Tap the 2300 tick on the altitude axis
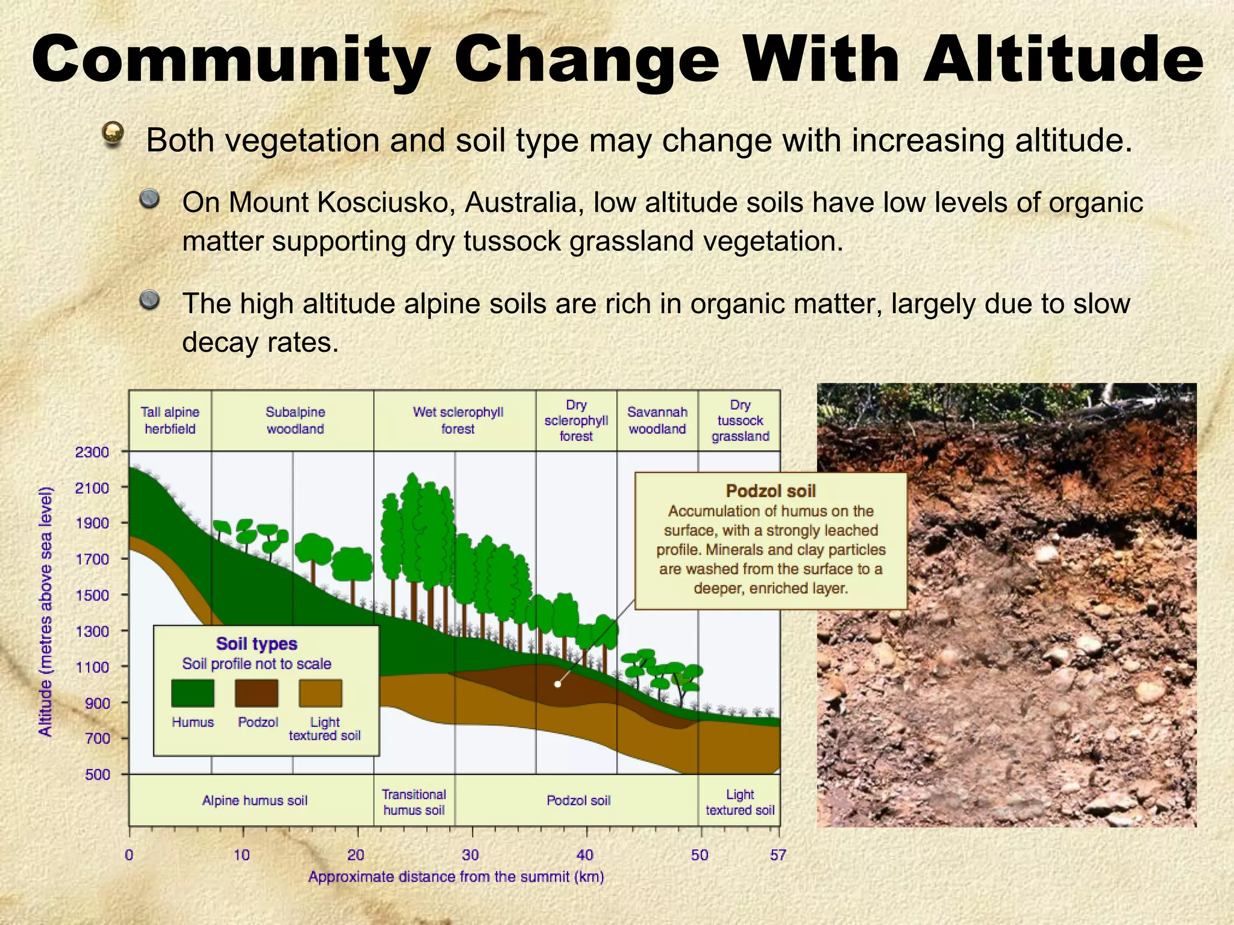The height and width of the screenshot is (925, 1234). (92, 452)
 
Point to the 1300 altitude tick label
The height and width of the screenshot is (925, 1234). (92, 631)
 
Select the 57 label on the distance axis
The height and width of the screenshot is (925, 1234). (778, 855)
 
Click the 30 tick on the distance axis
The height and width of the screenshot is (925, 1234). (471, 855)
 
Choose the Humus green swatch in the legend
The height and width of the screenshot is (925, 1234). (193, 693)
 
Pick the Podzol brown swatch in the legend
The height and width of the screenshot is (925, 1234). (257, 693)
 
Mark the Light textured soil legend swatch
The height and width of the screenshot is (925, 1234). (321, 693)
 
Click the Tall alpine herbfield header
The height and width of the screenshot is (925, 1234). (170, 420)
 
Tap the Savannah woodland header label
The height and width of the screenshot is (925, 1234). (657, 420)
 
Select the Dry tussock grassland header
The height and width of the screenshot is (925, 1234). (740, 420)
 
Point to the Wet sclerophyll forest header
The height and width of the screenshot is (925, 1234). (458, 420)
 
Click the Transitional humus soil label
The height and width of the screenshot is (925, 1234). (414, 802)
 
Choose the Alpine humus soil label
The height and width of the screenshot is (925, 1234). (254, 800)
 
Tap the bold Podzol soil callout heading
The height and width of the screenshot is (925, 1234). (771, 491)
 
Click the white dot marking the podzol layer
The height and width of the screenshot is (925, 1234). (558, 684)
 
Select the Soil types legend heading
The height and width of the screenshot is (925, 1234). (257, 644)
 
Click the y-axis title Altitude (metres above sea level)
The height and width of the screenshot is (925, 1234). (46, 611)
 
